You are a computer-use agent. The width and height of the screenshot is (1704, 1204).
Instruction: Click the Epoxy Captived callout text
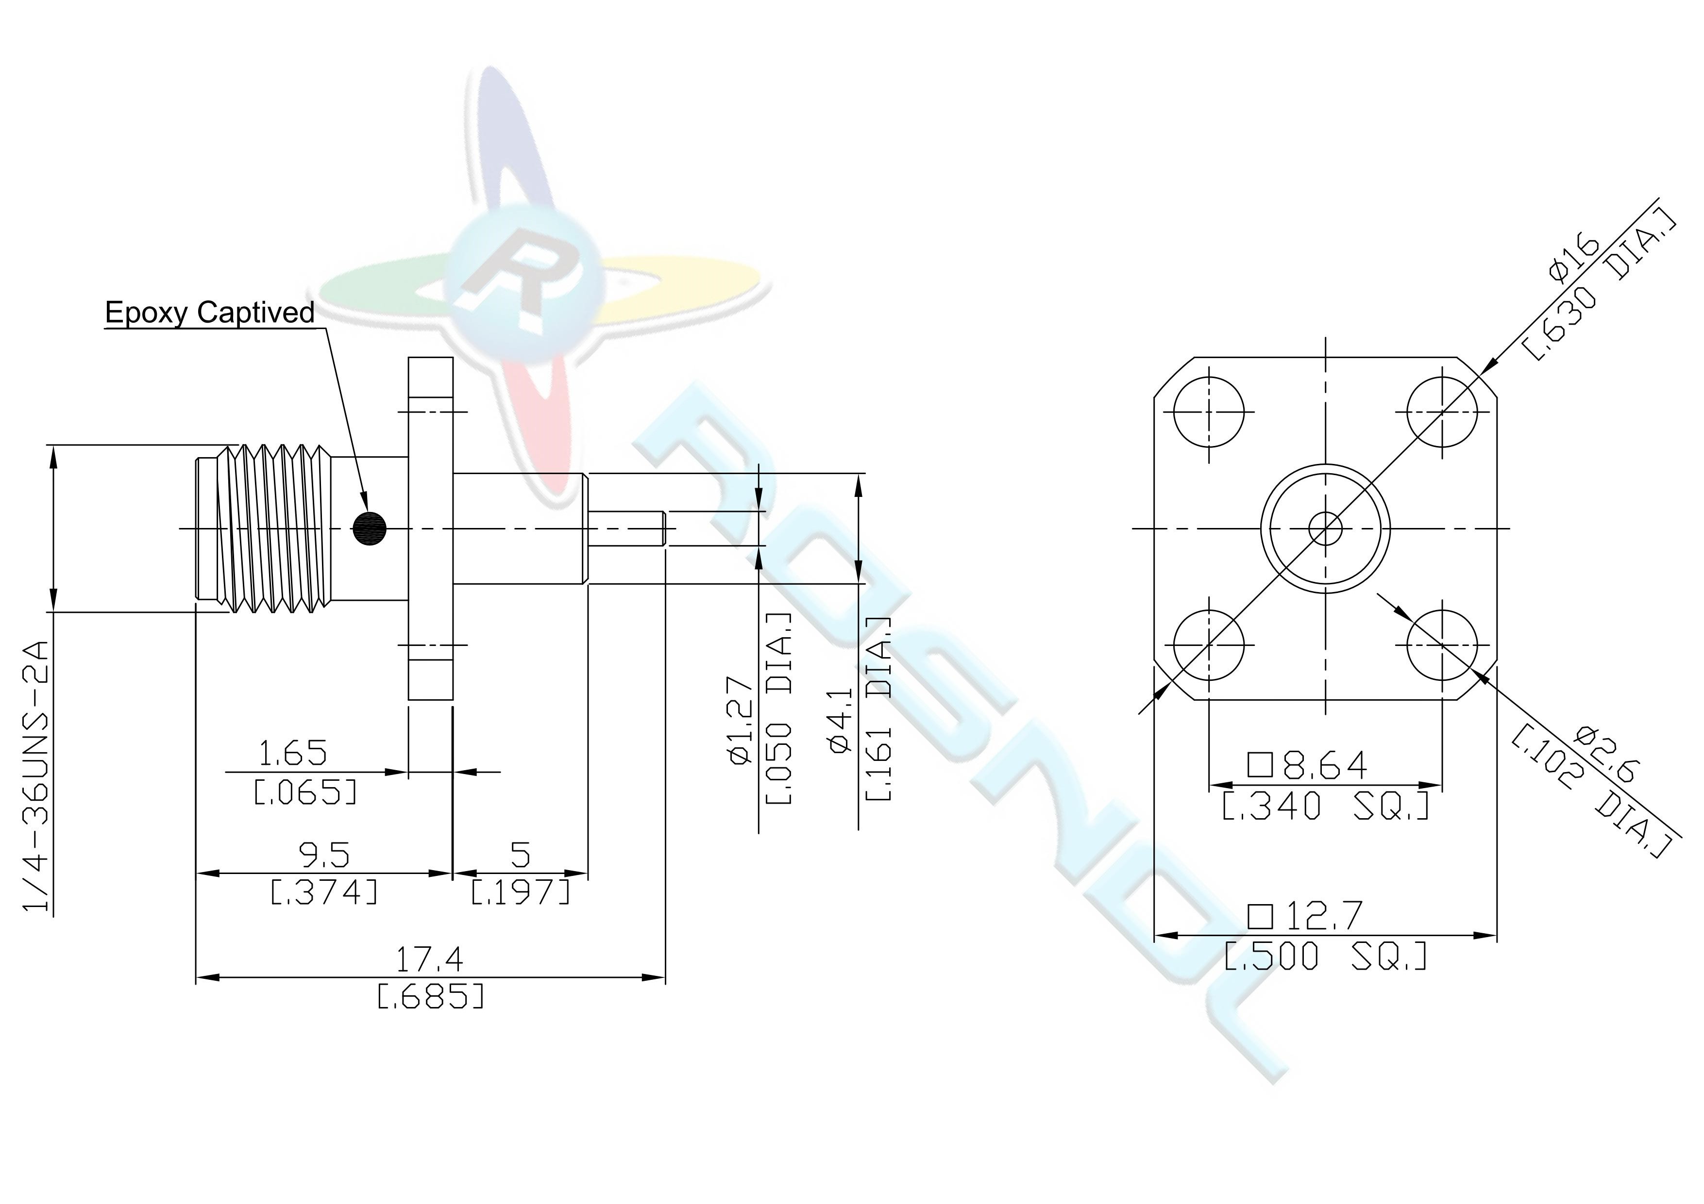click(x=210, y=313)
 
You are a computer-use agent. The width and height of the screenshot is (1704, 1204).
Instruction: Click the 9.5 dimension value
click(x=324, y=856)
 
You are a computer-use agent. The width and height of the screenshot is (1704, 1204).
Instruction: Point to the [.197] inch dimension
click(x=521, y=891)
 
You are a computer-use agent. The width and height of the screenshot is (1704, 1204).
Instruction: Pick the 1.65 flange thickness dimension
click(x=292, y=754)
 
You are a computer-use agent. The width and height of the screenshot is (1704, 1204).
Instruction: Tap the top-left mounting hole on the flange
click(x=1209, y=411)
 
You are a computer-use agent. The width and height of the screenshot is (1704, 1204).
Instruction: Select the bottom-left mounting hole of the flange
click(x=1209, y=644)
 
